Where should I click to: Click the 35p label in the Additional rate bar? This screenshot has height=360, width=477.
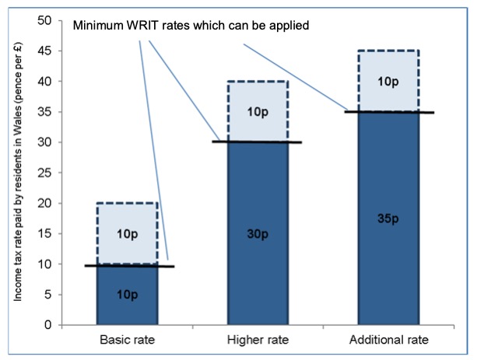pyautogui.click(x=388, y=219)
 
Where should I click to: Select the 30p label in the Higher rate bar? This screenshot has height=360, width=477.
pyautogui.click(x=258, y=234)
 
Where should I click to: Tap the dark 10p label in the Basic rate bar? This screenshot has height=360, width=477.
pyautogui.click(x=127, y=295)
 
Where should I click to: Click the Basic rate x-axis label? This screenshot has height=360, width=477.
pyautogui.click(x=127, y=340)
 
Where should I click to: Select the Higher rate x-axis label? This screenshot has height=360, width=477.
pyautogui.click(x=258, y=340)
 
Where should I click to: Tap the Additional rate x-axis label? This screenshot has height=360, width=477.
pyautogui.click(x=389, y=340)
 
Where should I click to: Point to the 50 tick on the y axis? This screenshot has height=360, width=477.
pyautogui.click(x=44, y=21)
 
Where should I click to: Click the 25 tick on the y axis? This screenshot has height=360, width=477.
pyautogui.click(x=44, y=173)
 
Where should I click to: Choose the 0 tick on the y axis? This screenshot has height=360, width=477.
pyautogui.click(x=48, y=325)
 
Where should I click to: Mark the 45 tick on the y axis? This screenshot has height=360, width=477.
pyautogui.click(x=44, y=51)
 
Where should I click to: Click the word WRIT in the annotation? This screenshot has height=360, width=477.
pyautogui.click(x=142, y=25)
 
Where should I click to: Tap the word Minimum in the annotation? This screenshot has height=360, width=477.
pyautogui.click(x=98, y=25)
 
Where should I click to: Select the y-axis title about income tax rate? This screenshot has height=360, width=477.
pyautogui.click(x=18, y=173)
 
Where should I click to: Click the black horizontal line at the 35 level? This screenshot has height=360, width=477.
pyautogui.click(x=389, y=112)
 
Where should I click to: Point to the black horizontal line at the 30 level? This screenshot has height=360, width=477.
pyautogui.click(x=257, y=142)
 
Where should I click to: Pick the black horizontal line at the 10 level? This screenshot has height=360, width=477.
pyautogui.click(x=130, y=266)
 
